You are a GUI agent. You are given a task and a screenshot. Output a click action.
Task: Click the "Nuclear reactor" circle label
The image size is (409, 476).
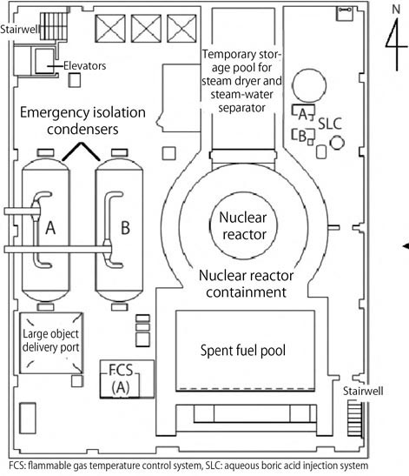tap(243, 226)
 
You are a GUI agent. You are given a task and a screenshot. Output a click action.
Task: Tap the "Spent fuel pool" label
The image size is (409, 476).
tap(243, 351)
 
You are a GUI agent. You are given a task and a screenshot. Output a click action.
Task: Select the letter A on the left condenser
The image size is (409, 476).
tap(50, 228)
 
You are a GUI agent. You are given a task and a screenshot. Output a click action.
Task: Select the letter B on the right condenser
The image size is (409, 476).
tap(125, 228)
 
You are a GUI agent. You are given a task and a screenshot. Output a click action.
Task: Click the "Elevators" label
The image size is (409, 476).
tap(84, 65)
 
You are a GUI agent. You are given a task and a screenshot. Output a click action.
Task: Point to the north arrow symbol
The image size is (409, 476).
tap(396, 38)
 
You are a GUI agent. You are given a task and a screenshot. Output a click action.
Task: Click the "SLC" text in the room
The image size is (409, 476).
tap(330, 124)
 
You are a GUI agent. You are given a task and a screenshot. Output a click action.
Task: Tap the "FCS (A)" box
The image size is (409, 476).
tap(127, 379)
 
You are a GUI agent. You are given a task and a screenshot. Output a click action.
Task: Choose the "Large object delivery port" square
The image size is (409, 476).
tap(51, 343)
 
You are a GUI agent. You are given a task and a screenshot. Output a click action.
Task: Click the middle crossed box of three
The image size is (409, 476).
tap(146, 29)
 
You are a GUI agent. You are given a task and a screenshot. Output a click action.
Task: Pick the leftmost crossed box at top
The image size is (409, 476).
tap(110, 29)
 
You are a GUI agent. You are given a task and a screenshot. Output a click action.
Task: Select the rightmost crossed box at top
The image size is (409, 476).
tap(181, 29)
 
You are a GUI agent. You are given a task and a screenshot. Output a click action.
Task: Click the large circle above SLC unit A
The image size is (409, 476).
tap(309, 85)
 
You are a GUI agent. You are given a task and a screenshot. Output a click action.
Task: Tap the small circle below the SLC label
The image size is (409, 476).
tap(337, 143)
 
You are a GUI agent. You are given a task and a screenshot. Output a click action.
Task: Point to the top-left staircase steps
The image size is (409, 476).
tap(54, 26)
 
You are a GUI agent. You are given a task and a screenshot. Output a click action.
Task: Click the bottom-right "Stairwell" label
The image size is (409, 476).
tap(363, 391)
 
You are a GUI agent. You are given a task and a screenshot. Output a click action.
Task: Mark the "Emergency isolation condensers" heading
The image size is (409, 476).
tap(82, 121)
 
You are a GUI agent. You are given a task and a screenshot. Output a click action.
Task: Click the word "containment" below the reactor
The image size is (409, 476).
tap(246, 292)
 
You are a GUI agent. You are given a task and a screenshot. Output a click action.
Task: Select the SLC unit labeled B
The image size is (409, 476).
tap(303, 136)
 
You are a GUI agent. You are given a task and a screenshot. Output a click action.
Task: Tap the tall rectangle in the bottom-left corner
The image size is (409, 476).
tap(28, 418)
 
